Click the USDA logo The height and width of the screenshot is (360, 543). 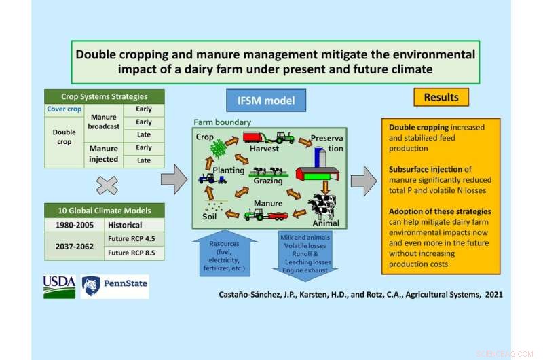click(60, 287)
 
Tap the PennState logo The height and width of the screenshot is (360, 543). click(114, 287)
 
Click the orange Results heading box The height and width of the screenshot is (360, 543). click(441, 97)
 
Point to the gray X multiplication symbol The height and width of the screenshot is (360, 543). click(107, 185)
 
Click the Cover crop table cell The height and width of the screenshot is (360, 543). click(64, 109)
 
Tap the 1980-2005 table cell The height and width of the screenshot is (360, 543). click(74, 224)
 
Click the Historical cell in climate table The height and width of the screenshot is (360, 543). click(125, 224)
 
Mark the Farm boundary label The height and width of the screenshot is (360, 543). click(222, 122)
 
